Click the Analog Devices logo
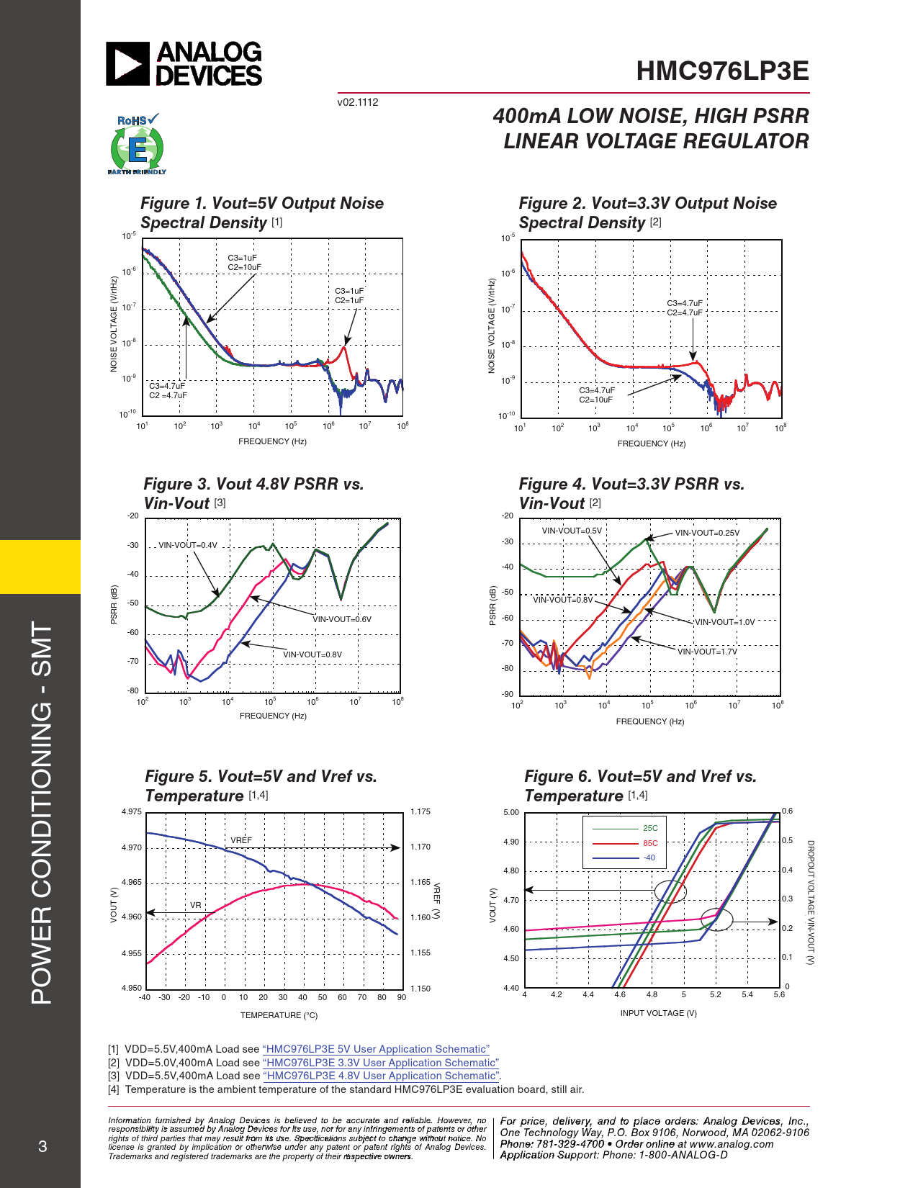[184, 63]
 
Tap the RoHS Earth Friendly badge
[137, 145]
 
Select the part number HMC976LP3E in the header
[722, 71]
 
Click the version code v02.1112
[358, 102]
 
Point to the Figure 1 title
[262, 212]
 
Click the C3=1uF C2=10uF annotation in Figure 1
[245, 263]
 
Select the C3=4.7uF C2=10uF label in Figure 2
[597, 395]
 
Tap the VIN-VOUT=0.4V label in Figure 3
[187, 545]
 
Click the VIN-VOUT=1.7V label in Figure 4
[707, 652]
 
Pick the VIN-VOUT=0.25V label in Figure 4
[707, 533]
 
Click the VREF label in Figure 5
[241, 840]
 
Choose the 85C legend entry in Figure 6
[650, 843]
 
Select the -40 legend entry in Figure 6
[649, 858]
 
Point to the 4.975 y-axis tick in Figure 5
[132, 811]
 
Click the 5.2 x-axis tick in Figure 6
[715, 994]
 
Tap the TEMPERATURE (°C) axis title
[279, 1015]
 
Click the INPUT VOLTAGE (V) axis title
[658, 1013]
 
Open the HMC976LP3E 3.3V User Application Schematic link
[381, 1063]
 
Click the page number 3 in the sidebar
[42, 1146]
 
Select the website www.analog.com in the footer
[732, 1143]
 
